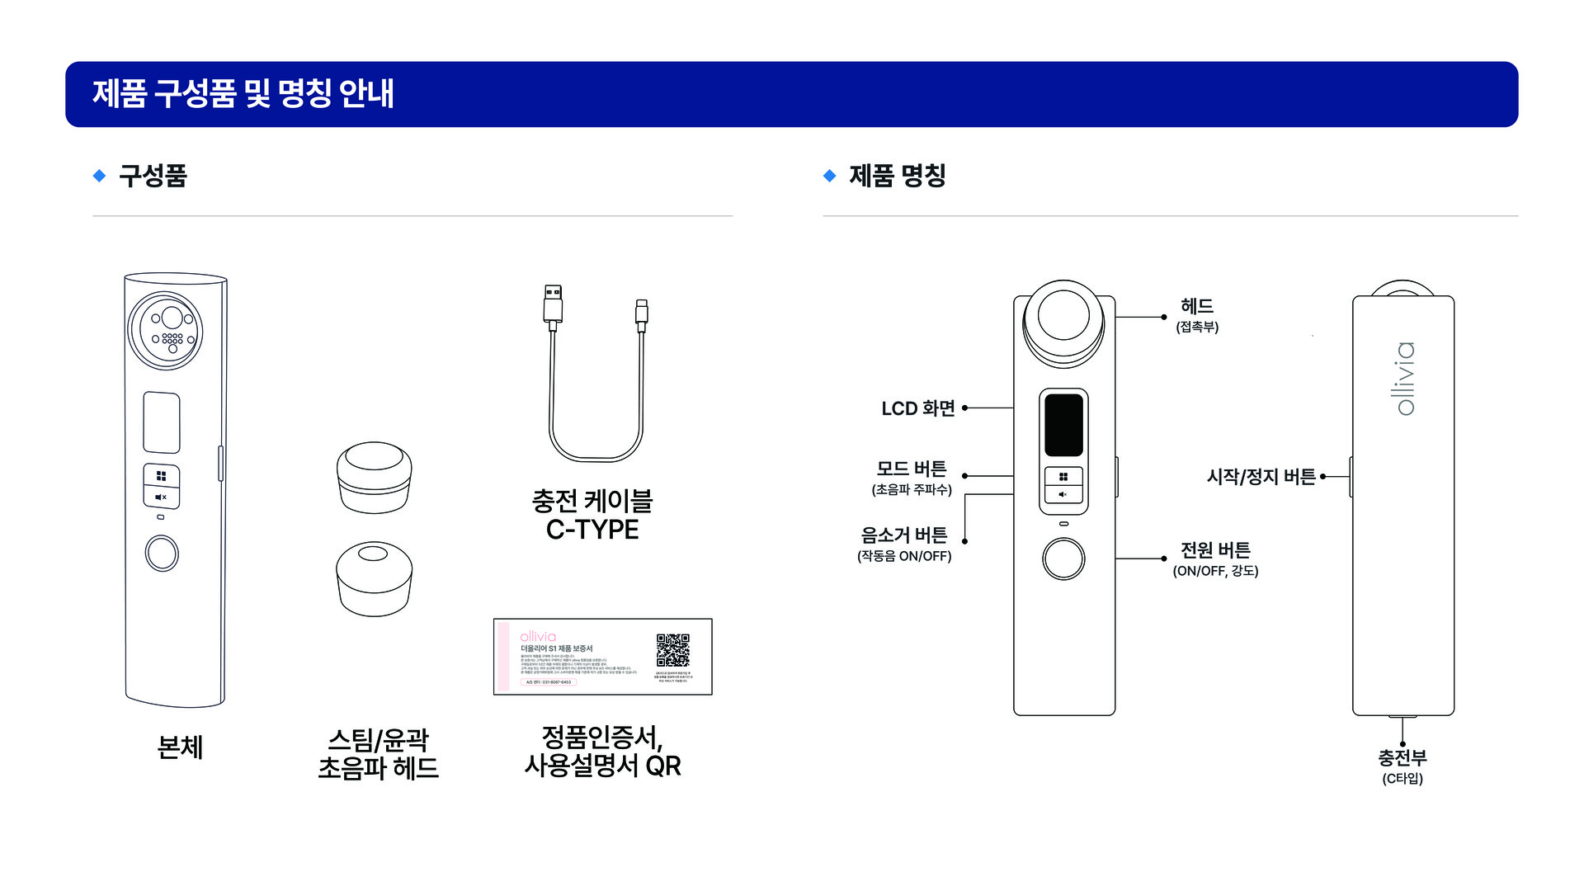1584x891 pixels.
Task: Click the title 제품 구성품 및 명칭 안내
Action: click(243, 93)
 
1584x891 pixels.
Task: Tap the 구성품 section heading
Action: click(153, 176)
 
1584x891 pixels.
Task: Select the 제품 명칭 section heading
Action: click(897, 176)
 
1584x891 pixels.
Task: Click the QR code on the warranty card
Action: click(672, 650)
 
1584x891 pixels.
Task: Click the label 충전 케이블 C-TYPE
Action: click(592, 515)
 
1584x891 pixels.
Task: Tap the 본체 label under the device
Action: click(180, 747)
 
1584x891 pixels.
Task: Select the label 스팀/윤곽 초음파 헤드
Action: click(379, 753)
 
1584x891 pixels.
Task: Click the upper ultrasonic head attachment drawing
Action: click(374, 477)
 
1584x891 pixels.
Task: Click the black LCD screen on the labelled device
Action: click(1063, 425)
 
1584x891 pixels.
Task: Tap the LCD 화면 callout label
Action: click(917, 408)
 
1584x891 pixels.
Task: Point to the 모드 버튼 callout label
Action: click(912, 477)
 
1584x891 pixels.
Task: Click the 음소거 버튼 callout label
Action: click(904, 544)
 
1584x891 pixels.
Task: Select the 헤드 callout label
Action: click(1197, 314)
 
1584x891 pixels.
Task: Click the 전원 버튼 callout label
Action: click(1215, 558)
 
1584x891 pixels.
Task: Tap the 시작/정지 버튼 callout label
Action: click(1261, 477)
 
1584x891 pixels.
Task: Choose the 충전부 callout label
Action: click(1402, 766)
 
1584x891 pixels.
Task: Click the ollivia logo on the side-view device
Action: click(1403, 378)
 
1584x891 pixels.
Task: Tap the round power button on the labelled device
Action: click(1063, 559)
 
